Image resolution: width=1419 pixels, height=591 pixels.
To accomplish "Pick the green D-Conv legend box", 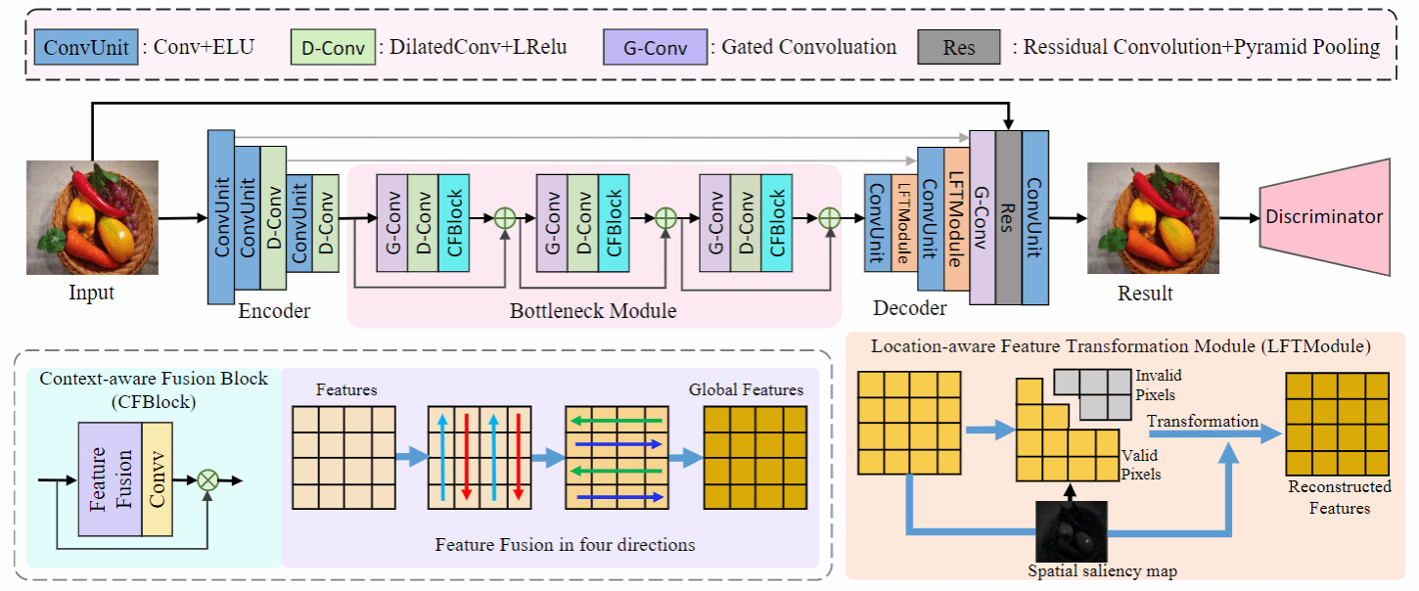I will [333, 47].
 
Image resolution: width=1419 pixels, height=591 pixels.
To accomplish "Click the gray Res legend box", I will [959, 47].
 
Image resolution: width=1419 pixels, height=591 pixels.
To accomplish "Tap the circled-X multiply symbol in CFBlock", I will [207, 479].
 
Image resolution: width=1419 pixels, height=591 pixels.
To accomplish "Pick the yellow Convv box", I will [157, 479].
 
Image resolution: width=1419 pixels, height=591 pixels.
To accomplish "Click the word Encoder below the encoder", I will [274, 311].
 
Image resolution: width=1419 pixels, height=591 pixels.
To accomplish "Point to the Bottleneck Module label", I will [593, 311].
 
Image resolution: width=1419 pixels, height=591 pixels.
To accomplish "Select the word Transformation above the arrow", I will [1203, 422].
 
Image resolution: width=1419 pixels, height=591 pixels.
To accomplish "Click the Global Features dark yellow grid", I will [755, 458].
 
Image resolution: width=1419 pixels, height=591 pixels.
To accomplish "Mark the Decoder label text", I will [911, 309].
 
